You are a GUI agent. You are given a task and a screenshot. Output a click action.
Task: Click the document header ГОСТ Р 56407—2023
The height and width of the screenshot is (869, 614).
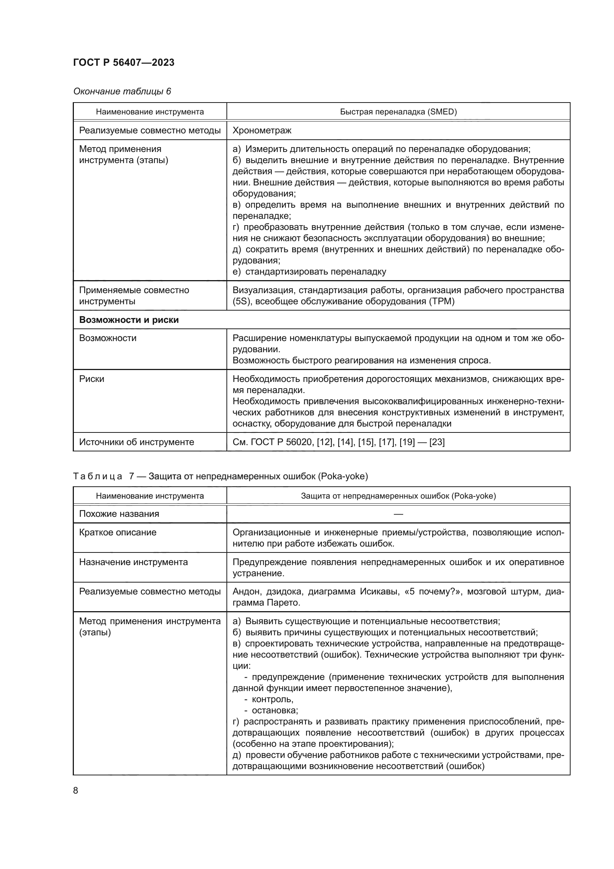coord(124,63)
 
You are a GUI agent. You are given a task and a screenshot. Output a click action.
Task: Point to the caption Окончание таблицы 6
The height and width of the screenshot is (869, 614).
coord(122,92)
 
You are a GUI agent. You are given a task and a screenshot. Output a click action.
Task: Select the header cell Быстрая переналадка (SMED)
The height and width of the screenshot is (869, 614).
coord(398,112)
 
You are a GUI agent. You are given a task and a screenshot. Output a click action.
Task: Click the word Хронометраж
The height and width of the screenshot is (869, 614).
coord(262,131)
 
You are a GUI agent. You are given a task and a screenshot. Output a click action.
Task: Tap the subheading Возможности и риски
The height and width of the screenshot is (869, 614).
coord(128,320)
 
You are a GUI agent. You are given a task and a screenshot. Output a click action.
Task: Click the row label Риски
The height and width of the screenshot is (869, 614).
coord(91,379)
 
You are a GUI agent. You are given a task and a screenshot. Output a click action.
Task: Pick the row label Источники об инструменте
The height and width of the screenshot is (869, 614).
coord(136,442)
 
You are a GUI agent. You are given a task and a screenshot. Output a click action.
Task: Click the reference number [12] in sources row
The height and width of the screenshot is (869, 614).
coord(324,442)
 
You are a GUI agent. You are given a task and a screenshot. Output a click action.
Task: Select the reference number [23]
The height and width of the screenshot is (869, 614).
coord(437,442)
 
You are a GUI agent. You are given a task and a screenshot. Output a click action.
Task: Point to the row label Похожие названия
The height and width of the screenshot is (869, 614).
coord(119,514)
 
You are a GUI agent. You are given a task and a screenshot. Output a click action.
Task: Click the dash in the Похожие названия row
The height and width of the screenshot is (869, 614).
coord(398,514)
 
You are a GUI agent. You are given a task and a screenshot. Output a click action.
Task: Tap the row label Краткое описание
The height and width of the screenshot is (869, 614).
coord(118,532)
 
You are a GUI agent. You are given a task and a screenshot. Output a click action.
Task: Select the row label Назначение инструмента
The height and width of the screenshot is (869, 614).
coord(133,562)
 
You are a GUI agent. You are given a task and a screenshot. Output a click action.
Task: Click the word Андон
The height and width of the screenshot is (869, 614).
coord(244,591)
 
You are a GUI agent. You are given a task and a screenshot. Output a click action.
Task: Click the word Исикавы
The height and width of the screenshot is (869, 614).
coord(379,591)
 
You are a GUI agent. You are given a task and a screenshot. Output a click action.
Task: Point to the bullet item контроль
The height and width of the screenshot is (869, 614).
coord(272,699)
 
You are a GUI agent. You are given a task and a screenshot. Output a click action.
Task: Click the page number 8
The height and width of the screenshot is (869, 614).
coord(76,791)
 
